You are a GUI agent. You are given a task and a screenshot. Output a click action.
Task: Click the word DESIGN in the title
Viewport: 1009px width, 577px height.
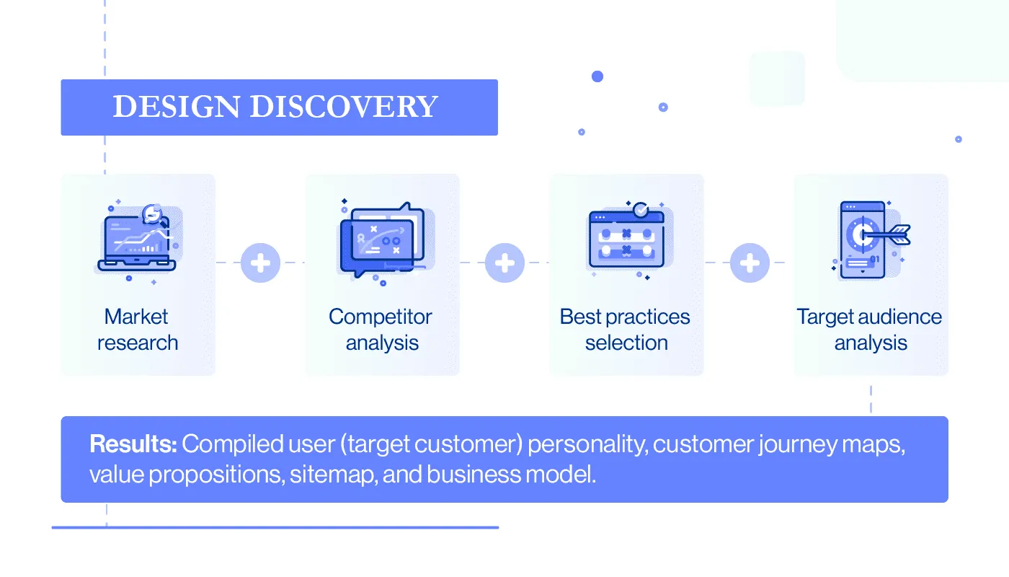click(x=177, y=107)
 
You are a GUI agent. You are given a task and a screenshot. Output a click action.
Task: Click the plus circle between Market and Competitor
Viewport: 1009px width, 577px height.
click(x=260, y=263)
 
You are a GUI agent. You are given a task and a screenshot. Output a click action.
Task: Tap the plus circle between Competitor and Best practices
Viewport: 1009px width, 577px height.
click(x=504, y=263)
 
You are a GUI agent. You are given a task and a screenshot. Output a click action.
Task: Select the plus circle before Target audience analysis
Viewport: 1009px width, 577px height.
click(x=750, y=263)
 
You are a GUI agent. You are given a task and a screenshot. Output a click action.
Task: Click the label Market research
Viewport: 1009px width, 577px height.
click(x=137, y=330)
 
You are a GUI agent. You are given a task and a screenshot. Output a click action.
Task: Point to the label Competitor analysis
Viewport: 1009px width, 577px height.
click(x=381, y=330)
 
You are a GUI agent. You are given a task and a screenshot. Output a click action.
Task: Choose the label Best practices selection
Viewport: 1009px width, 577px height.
click(x=626, y=330)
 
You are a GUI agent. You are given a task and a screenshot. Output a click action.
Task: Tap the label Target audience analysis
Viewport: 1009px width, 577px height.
click(x=870, y=330)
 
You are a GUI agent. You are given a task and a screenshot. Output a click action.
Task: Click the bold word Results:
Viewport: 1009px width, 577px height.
click(x=133, y=444)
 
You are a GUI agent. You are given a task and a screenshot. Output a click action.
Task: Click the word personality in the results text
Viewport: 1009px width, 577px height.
click(x=588, y=444)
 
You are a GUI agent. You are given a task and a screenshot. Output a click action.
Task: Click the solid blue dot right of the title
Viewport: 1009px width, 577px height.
click(x=597, y=76)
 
